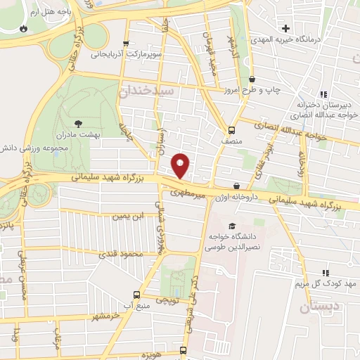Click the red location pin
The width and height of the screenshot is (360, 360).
181,165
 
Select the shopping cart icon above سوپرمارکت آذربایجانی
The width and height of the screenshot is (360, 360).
126,44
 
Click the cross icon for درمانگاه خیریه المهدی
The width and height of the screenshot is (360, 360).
285,28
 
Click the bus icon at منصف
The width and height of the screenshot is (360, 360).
231,129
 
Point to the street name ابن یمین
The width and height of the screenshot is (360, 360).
128,215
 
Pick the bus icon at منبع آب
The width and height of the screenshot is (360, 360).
136,295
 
